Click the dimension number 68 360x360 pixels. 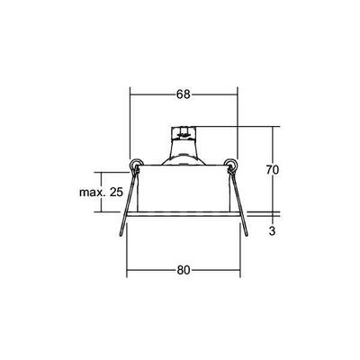pyautogui.click(x=183, y=94)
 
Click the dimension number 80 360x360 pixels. pyautogui.click(x=183, y=269)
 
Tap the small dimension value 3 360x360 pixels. pyautogui.click(x=273, y=229)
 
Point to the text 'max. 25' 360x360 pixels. pyautogui.click(x=102, y=193)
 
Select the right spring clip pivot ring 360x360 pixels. pyautogui.click(x=231, y=164)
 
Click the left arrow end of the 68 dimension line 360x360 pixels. pyautogui.click(x=131, y=94)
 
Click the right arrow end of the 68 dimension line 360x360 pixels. pyautogui.click(x=236, y=94)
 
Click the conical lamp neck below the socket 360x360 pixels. pyautogui.click(x=184, y=153)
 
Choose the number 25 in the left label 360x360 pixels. pyautogui.click(x=115, y=193)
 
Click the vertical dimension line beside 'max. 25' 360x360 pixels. pyautogui.click(x=127, y=193)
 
